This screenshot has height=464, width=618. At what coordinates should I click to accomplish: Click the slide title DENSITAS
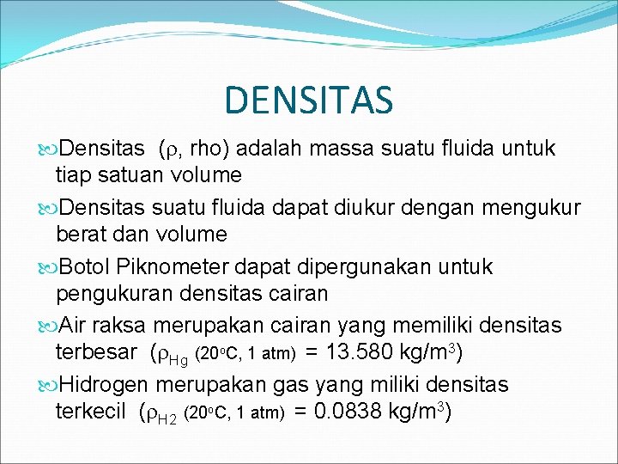(x=308, y=99)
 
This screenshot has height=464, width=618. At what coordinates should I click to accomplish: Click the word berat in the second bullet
(x=81, y=234)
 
